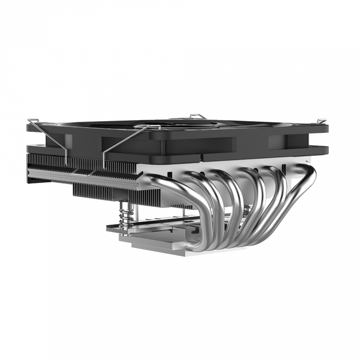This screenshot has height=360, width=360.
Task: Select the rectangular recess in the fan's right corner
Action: tap(285, 141)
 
